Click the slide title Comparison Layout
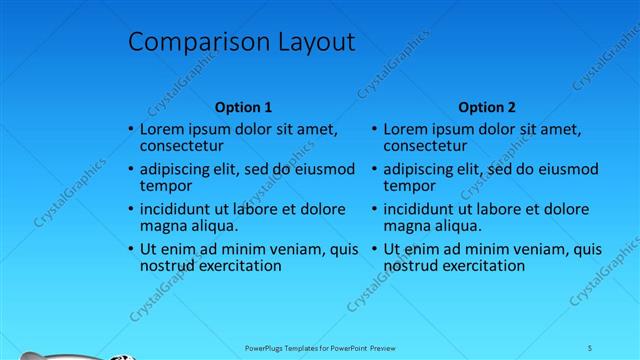[x=241, y=42]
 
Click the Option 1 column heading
[x=243, y=107]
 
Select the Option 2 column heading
[x=487, y=107]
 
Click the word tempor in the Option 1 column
[x=163, y=186]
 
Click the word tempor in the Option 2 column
[x=407, y=186]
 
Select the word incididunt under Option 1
[x=177, y=209]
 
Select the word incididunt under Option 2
[x=421, y=209]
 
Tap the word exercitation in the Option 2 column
[x=478, y=266]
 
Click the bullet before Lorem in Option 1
[x=130, y=130]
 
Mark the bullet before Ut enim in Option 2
[x=374, y=250]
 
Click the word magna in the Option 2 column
[x=406, y=226]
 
